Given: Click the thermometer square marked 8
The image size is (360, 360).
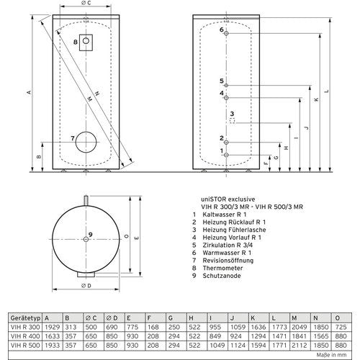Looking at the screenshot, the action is pos(86,42).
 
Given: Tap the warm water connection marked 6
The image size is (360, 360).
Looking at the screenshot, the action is pos(226,33).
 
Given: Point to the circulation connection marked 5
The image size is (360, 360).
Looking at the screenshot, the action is pos(226,85).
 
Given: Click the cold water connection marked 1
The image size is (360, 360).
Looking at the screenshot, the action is pos(226,155).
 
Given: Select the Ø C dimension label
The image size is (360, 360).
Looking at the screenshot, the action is pos(86,3).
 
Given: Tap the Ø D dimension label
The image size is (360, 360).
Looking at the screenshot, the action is pos(86,286).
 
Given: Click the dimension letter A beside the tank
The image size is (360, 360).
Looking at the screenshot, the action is pos(29,92).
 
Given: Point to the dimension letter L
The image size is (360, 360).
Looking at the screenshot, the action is pos(326,91).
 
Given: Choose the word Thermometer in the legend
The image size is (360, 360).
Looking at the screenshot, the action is pos(222,268).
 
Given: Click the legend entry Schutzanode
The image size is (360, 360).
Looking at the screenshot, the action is pos(222,276).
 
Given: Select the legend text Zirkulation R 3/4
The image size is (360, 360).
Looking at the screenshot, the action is pos(228,245).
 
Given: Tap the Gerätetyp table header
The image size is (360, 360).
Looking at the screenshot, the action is pos(25,318).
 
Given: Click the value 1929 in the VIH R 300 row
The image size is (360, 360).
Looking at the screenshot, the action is pos(52,327).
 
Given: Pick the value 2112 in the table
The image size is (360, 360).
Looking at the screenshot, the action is pos(300,346).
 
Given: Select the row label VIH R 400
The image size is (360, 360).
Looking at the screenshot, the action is pos(25,336).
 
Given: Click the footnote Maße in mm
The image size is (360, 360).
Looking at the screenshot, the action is pos(331,355).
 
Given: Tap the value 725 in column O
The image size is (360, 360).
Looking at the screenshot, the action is pos(341,327).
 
